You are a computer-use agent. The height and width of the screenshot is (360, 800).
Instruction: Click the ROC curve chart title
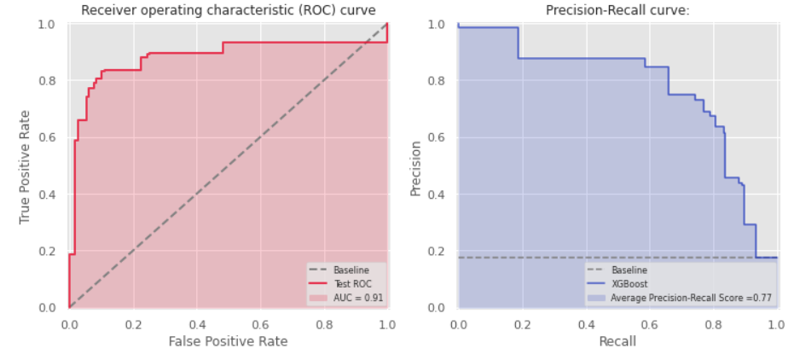(x=228, y=10)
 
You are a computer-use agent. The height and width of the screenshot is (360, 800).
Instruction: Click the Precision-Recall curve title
(x=617, y=10)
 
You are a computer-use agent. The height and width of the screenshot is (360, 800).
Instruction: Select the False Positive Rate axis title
(x=228, y=341)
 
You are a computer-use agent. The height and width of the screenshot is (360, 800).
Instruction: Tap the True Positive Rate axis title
(x=25, y=166)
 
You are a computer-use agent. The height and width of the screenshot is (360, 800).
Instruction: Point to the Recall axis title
(x=617, y=341)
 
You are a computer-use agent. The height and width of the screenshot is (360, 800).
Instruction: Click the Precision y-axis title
(x=415, y=166)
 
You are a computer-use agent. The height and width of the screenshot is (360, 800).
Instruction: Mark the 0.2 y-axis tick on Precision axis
(x=441, y=251)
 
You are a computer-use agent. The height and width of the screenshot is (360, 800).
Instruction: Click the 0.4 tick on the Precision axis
(x=441, y=195)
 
